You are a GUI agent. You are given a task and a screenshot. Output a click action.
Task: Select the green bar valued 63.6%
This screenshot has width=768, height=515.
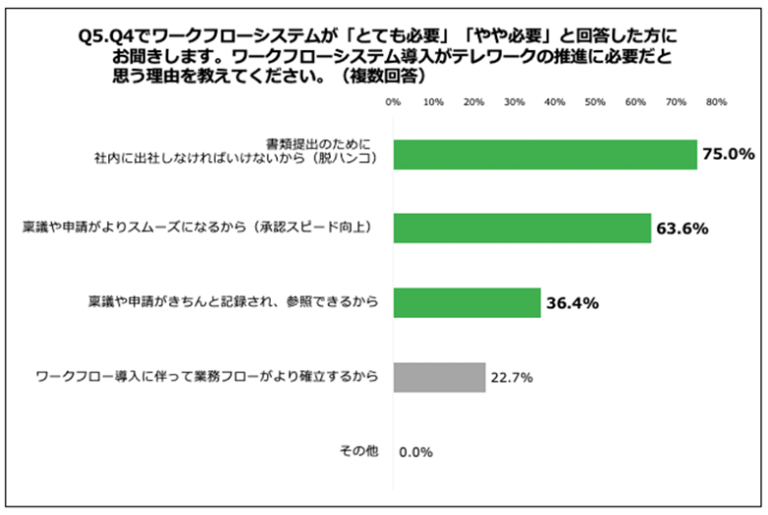(522, 227)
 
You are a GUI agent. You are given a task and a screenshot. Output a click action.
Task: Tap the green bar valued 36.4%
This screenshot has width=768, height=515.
(467, 302)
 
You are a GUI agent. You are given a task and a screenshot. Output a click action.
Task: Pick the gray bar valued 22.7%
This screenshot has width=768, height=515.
(439, 377)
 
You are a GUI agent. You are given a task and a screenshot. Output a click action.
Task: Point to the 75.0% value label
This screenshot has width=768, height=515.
(728, 155)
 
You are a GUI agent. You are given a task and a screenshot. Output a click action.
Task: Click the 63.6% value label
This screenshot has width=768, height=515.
(681, 228)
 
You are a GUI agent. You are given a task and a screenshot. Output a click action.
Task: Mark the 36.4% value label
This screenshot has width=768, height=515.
(572, 303)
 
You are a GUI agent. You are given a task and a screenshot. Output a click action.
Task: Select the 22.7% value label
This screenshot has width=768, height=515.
(513, 377)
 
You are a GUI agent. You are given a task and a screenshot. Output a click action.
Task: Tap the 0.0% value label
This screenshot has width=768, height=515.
(416, 452)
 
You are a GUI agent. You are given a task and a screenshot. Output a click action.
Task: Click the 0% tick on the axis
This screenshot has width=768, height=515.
(393, 102)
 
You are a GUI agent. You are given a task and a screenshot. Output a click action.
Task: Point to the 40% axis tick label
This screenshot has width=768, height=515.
(554, 102)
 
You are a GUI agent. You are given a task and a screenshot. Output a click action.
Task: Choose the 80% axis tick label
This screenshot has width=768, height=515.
(716, 102)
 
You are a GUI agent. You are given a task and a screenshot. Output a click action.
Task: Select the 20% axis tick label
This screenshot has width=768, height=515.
(474, 102)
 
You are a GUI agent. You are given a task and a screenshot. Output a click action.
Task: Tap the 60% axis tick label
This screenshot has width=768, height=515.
(635, 102)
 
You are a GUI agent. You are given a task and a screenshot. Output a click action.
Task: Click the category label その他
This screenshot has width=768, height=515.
(357, 451)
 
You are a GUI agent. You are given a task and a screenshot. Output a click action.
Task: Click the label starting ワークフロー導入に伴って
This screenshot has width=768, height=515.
(206, 377)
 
